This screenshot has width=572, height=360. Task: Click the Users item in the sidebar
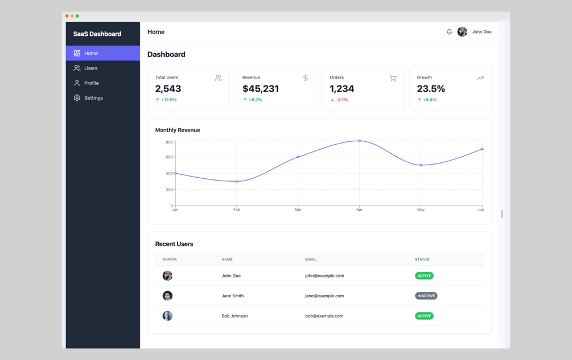tap(90, 68)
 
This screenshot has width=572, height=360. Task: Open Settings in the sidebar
tap(93, 98)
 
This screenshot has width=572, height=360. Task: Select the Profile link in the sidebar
tap(91, 83)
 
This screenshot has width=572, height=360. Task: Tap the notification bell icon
tap(450, 32)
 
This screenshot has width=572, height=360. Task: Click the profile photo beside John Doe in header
tap(462, 32)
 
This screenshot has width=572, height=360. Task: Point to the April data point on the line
tap(359, 141)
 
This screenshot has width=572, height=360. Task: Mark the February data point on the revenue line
tap(237, 182)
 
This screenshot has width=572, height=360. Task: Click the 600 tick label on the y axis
tap(169, 157)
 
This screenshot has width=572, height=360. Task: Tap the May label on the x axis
tap(421, 210)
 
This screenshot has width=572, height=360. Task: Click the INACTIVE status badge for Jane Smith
tap(426, 296)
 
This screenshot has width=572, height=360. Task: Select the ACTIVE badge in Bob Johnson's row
tap(424, 316)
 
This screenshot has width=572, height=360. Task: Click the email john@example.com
tap(324, 276)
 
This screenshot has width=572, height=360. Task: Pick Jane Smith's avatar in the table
tap(167, 296)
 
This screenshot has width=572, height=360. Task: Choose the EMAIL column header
tap(311, 259)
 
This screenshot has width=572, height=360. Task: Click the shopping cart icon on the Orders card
tap(393, 78)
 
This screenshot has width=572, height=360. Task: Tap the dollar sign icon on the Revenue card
tap(306, 78)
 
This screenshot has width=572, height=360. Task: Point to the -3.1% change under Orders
tap(339, 100)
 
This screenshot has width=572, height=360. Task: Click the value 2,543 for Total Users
tap(168, 89)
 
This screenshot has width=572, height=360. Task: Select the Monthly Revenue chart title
tap(178, 130)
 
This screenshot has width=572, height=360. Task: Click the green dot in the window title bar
tap(77, 16)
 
